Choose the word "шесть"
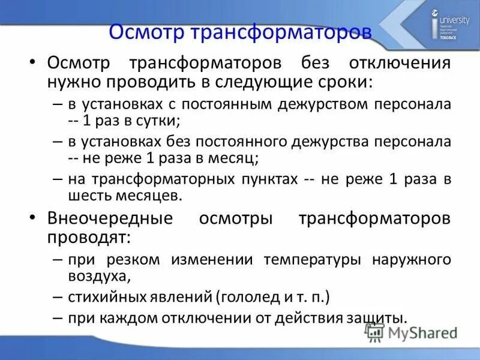point(91,195)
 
